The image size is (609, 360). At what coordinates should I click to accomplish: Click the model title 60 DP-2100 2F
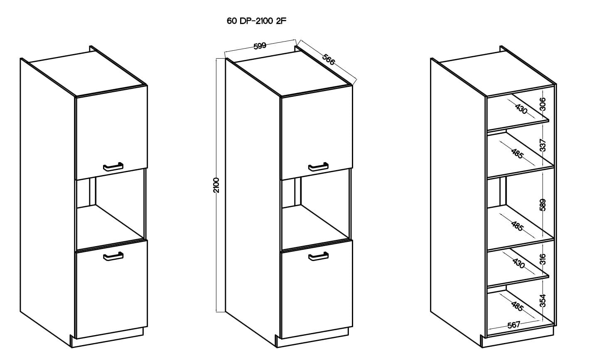point(257,21)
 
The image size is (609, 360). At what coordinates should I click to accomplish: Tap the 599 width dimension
point(260,46)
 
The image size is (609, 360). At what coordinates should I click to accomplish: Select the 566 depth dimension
point(329,60)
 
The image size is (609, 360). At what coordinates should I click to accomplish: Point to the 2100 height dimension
point(216,185)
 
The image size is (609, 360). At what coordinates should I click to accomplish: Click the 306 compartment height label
point(543,104)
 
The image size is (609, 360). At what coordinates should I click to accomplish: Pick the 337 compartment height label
point(543,145)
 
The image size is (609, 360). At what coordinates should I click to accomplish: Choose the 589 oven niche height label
point(543,205)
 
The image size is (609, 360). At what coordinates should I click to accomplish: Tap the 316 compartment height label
point(543,259)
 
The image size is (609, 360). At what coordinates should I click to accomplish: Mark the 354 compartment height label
point(543,301)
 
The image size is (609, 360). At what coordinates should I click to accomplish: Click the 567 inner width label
point(513,325)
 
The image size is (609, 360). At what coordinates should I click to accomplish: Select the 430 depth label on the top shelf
point(521,109)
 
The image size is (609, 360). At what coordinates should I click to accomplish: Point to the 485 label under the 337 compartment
point(517,153)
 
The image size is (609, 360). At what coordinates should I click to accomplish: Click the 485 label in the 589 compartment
point(517,226)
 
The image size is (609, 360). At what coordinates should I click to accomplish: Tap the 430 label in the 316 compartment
point(518,263)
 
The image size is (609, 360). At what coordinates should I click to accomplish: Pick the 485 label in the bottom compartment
point(517,306)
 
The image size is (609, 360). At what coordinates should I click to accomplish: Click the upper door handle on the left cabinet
point(113,167)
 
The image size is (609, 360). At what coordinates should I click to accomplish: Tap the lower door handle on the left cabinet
point(113,256)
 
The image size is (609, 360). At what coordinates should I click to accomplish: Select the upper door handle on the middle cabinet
point(318,167)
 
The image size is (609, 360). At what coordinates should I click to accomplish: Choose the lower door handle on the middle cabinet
point(318,256)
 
